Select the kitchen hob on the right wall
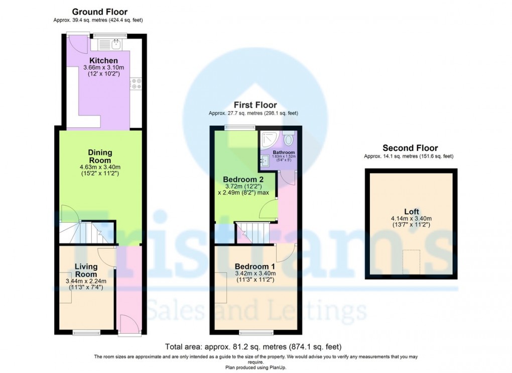click(136, 83)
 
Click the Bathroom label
click(284, 152)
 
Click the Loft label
click(412, 212)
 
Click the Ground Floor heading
click(99, 12)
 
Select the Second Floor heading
click(410, 148)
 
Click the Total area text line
click(253, 346)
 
